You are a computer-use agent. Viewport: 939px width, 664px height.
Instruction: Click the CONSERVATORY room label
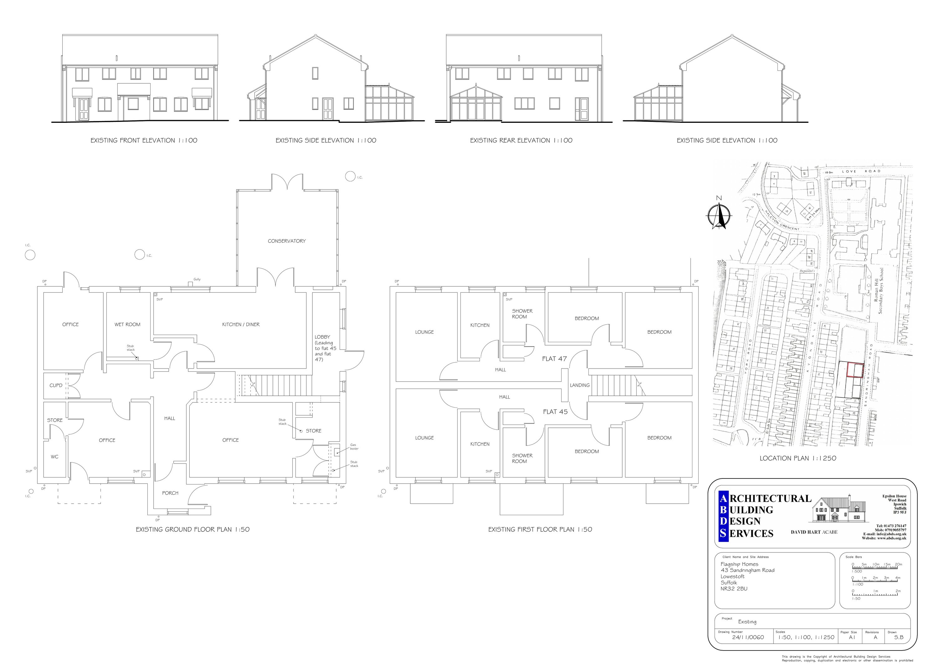[x=286, y=241]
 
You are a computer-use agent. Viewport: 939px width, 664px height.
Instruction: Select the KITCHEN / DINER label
[x=241, y=325]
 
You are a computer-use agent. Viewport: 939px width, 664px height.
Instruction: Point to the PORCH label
[x=170, y=493]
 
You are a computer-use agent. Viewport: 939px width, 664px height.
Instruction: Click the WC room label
[x=54, y=457]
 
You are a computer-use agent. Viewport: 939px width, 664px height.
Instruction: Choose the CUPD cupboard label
[x=56, y=386]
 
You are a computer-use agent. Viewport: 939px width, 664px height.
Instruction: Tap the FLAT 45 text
[x=555, y=412]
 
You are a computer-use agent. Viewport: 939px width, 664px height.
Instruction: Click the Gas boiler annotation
[x=353, y=447]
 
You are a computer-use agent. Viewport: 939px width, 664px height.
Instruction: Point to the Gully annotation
[x=197, y=280]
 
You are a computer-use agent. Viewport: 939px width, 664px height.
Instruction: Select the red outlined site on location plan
[x=855, y=370]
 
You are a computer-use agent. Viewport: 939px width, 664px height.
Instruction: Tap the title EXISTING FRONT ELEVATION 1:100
[x=144, y=140]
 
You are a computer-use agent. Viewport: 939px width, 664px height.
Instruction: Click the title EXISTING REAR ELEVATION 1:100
[x=521, y=140]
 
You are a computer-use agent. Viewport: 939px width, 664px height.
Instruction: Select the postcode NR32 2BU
[x=734, y=589]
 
